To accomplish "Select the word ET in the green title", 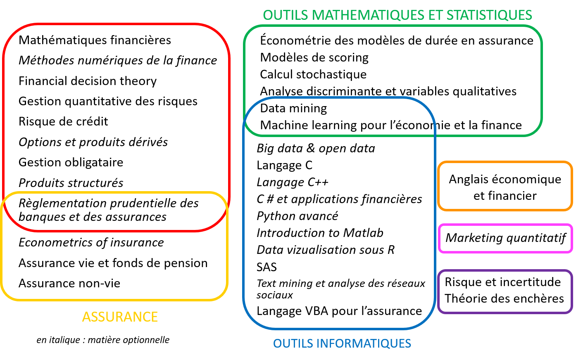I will [x=436, y=15].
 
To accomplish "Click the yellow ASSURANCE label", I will [x=120, y=317].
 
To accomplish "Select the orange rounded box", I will [x=505, y=186].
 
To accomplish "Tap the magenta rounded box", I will [x=505, y=239].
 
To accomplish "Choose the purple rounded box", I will [x=505, y=291].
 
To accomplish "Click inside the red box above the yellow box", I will [x=116, y=107].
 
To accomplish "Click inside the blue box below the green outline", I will [x=339, y=231].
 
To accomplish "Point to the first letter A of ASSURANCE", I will [x=86, y=317].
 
